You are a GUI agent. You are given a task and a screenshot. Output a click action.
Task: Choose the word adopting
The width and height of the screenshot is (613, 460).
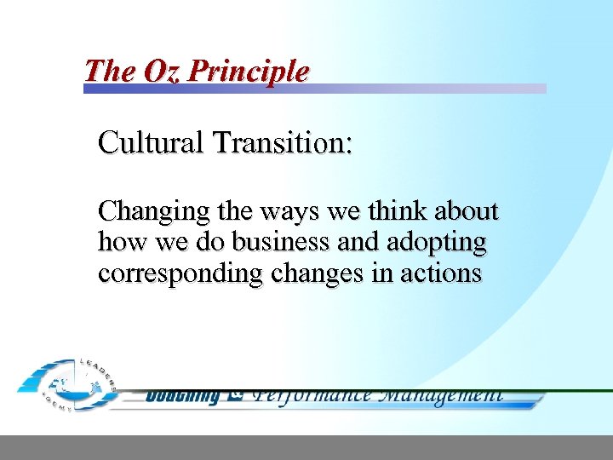(x=436, y=244)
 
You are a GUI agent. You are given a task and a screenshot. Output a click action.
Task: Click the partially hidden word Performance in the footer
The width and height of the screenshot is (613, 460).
(x=312, y=395)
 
